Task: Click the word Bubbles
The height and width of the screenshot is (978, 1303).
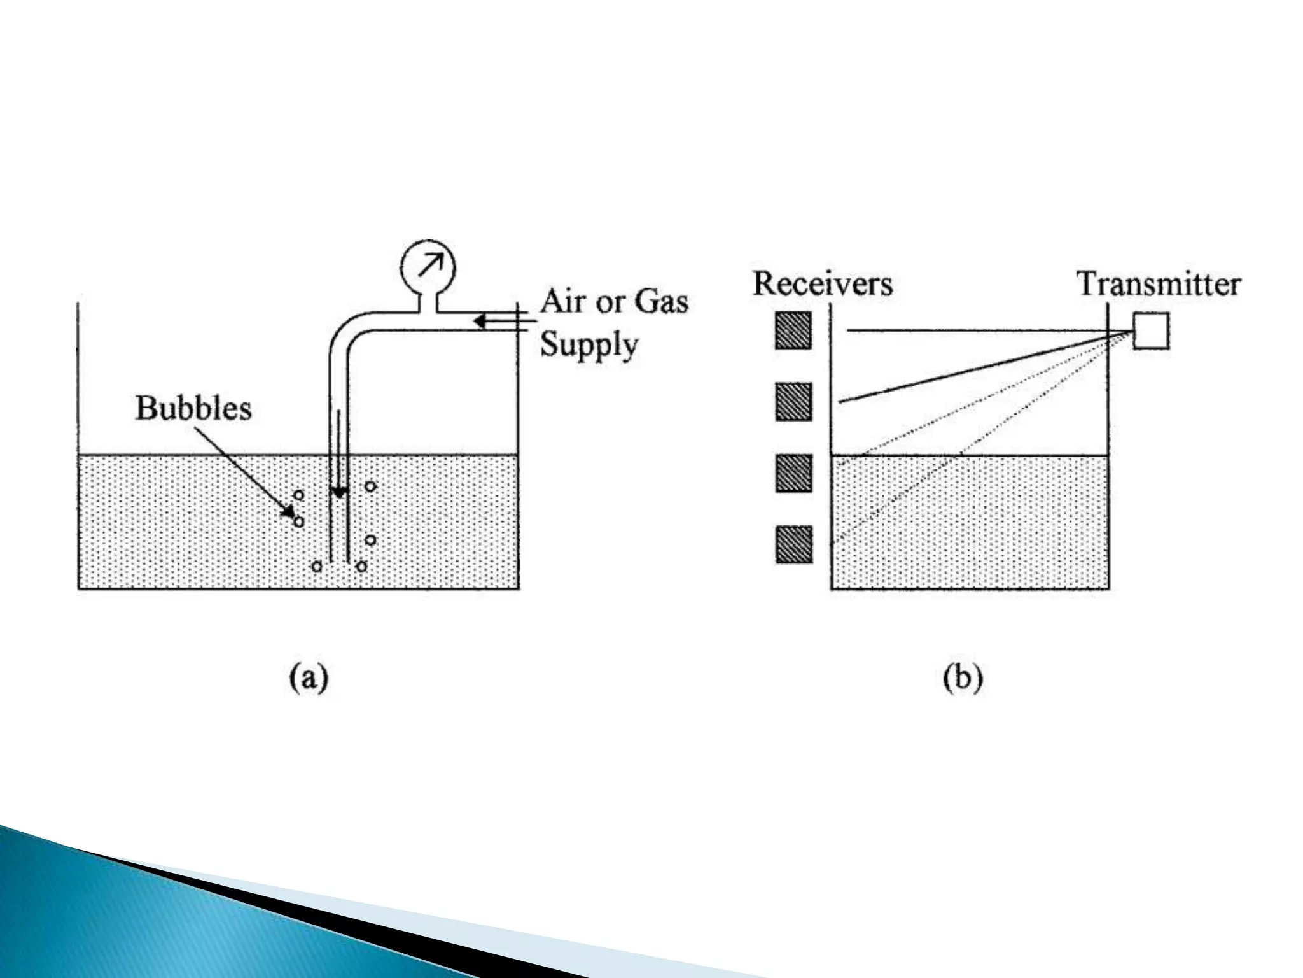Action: pos(193,408)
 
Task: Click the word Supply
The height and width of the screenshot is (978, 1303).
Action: pos(589,346)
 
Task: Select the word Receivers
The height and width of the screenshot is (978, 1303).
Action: pos(823,283)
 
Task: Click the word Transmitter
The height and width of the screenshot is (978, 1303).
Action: pos(1159,284)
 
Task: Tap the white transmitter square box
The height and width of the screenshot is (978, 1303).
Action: pos(1151,330)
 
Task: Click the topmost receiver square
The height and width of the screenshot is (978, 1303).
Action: pos(793,330)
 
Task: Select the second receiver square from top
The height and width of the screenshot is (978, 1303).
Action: pos(793,402)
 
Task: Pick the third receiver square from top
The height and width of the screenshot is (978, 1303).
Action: pos(793,473)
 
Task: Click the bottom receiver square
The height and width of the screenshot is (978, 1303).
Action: pos(793,544)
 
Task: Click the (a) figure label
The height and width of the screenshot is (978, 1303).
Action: pos(309,678)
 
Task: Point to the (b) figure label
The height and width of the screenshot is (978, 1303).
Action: pos(963,678)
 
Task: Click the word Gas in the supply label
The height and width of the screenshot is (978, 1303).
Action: pos(662,301)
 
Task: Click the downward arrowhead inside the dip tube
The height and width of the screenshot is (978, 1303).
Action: pos(339,492)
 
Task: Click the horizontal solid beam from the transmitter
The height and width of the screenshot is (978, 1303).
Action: pos(986,330)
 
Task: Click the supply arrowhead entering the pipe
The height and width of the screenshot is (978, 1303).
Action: pos(481,322)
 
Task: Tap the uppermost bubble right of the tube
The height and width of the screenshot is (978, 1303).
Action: pos(370,487)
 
